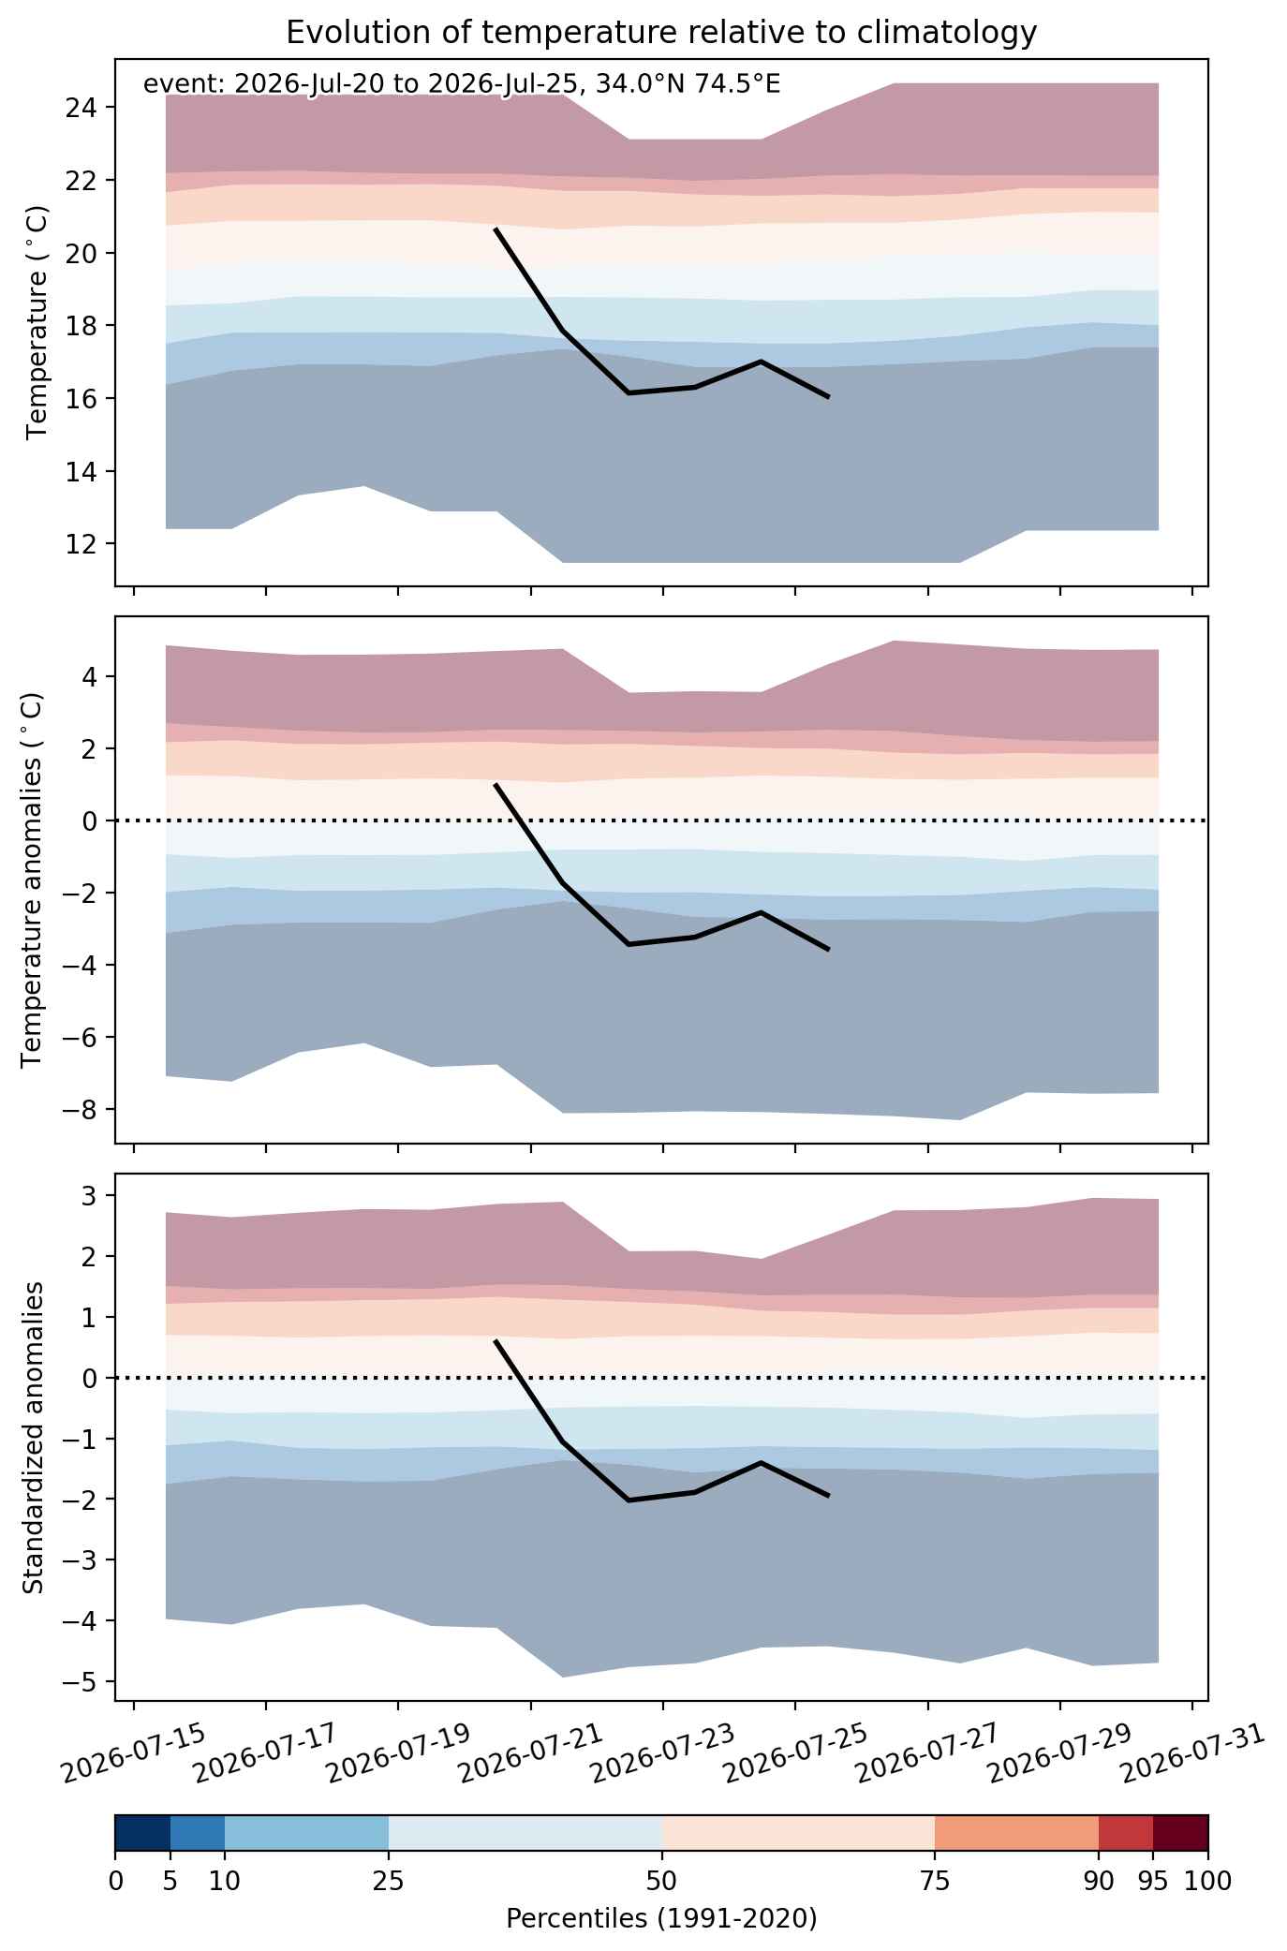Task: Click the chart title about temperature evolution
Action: coord(661,33)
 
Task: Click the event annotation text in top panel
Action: coord(462,84)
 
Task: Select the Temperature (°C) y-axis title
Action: coord(37,323)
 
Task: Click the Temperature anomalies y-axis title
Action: coord(32,879)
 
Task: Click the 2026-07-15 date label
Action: coord(134,1752)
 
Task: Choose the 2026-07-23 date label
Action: coord(663,1752)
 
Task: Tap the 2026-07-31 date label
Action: coord(1192,1752)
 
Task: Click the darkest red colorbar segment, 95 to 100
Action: coord(1180,1832)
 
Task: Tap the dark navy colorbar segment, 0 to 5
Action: coord(142,1832)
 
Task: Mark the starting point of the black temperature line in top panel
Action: coord(496,229)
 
